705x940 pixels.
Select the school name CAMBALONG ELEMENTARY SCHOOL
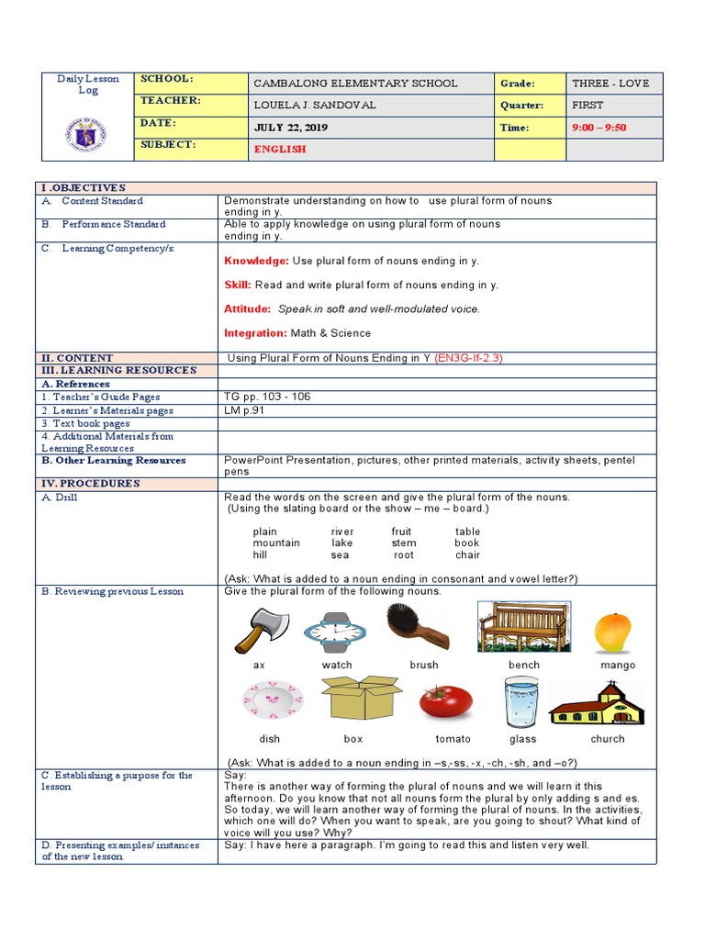(x=354, y=84)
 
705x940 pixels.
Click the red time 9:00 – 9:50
(x=599, y=128)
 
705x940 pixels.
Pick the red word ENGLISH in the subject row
(x=280, y=150)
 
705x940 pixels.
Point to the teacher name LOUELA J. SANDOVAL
(x=315, y=106)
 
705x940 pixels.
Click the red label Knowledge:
(x=256, y=262)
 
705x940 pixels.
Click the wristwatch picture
(x=335, y=632)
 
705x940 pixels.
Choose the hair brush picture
(x=419, y=627)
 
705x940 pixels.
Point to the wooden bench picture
(x=523, y=627)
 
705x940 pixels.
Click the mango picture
(x=612, y=632)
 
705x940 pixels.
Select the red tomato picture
(x=446, y=701)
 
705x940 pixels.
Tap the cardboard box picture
(x=360, y=700)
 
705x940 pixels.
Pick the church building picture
(x=598, y=704)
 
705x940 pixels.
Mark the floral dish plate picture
(x=273, y=700)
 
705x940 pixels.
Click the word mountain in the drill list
(x=276, y=543)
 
